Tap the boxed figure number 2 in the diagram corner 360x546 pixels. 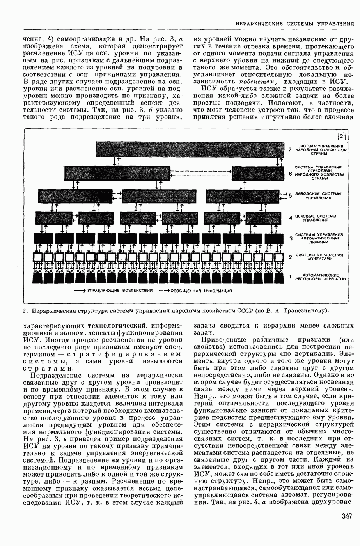(342, 136)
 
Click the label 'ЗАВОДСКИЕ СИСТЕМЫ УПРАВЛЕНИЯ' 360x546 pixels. (318, 195)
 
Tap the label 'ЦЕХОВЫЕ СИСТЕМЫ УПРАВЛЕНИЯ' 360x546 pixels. (316, 218)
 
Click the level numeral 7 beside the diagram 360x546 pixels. (291, 149)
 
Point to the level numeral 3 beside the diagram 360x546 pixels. (291, 238)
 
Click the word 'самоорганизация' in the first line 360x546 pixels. (79, 39)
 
